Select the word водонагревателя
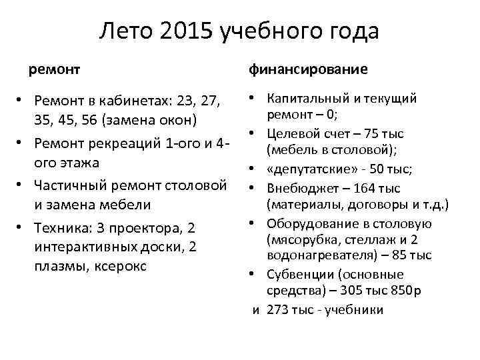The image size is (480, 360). [312, 255]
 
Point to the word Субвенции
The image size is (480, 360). [297, 274]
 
